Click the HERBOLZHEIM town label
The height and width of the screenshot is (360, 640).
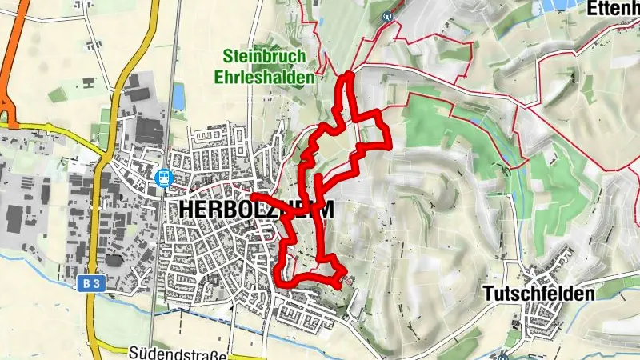[x=250, y=208]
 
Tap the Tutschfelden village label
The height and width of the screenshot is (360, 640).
[x=538, y=294]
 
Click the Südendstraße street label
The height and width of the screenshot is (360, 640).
[x=178, y=353]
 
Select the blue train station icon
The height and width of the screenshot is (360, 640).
[x=164, y=177]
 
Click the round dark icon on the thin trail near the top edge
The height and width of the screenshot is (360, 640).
[x=388, y=15]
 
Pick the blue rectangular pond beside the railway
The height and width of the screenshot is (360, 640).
[x=178, y=96]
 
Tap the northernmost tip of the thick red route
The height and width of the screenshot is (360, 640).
[x=349, y=76]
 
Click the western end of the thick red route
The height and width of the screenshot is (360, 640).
[x=252, y=195]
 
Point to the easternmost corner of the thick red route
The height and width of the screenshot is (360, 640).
[x=389, y=146]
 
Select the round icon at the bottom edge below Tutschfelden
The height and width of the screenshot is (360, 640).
[x=503, y=356]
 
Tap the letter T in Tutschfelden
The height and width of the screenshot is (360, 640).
[x=489, y=294]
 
